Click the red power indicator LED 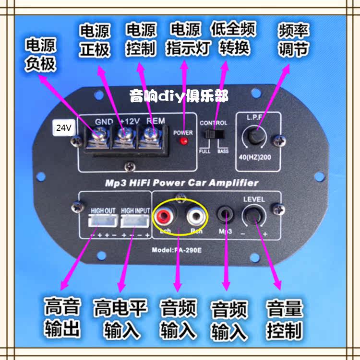(183, 141)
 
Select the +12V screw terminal (122, 140)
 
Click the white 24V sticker (63, 128)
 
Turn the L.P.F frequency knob (254, 136)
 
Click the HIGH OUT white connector (103, 221)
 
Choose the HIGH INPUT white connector (135, 221)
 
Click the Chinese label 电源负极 (41, 55)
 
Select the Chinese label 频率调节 (293, 40)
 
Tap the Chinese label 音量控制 (285, 319)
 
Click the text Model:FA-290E (177, 250)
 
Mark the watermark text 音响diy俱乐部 (179, 96)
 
